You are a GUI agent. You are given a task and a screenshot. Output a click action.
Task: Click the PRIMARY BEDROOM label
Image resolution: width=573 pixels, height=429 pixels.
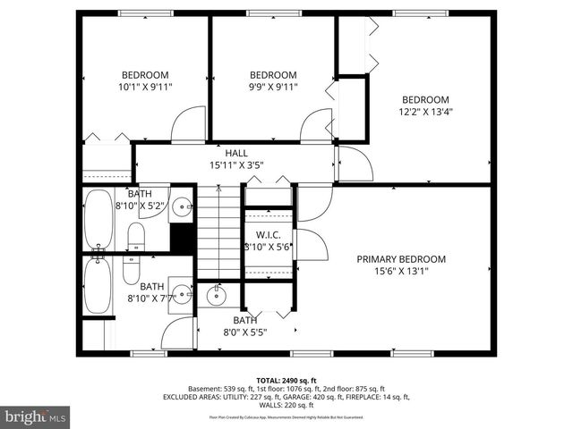tap(401, 259)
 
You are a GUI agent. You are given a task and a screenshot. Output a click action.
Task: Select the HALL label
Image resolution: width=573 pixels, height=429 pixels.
tap(236, 153)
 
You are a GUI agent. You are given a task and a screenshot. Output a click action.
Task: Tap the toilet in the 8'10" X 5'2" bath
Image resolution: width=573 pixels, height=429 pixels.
tap(136, 237)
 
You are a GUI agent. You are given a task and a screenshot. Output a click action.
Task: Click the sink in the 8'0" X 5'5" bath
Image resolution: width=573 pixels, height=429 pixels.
tap(217, 295)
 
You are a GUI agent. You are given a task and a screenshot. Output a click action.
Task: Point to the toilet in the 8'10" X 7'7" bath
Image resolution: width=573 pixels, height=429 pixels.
tap(131, 269)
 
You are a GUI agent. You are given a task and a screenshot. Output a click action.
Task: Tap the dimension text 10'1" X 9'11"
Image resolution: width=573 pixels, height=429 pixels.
tap(146, 87)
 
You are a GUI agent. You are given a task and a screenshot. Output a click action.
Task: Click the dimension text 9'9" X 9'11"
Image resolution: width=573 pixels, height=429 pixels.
tap(273, 87)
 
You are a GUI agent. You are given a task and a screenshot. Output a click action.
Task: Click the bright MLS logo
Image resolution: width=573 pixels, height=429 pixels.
tap(36, 416)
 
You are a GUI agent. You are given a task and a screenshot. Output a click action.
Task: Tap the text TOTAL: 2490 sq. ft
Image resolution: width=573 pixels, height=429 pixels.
tap(286, 380)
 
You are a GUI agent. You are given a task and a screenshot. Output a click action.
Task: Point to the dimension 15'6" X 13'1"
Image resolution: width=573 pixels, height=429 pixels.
tap(401, 272)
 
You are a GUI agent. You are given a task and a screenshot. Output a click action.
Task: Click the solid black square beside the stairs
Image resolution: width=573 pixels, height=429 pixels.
tap(183, 239)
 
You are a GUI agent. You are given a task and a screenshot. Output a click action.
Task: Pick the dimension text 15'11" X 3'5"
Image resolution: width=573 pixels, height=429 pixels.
tap(236, 165)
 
